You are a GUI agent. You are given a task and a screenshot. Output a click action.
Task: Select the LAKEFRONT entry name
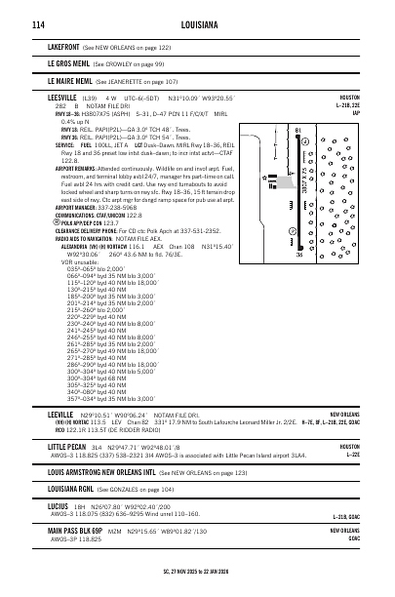click(x=63, y=46)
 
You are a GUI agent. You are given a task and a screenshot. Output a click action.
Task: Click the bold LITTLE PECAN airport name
click(x=67, y=445)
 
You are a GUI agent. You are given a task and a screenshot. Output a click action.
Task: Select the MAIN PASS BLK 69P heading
click(x=81, y=531)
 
